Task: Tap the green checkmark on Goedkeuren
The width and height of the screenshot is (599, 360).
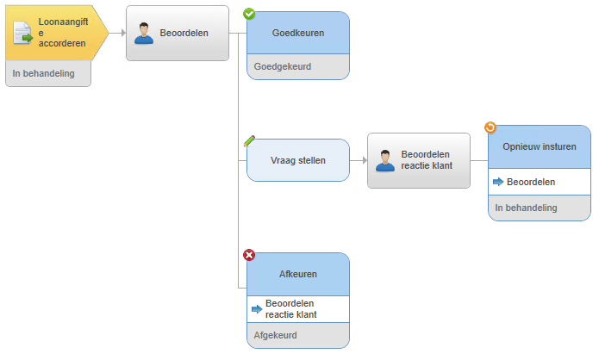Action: pyautogui.click(x=249, y=14)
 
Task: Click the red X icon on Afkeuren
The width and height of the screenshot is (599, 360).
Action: pyautogui.click(x=249, y=255)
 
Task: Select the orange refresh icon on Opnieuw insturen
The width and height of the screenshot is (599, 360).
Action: pyautogui.click(x=490, y=127)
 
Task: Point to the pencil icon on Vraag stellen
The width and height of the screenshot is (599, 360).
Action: pyautogui.click(x=249, y=141)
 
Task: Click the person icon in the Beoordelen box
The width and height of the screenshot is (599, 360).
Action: pyautogui.click(x=144, y=34)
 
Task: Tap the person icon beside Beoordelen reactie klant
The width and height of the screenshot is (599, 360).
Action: pyautogui.click(x=385, y=160)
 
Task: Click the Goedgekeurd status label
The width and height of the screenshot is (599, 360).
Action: pyautogui.click(x=283, y=66)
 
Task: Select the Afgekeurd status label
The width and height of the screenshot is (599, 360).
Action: pyautogui.click(x=276, y=335)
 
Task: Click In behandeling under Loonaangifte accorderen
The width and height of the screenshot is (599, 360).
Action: pyautogui.click(x=44, y=73)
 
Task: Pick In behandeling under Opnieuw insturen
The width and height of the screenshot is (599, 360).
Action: pyautogui.click(x=526, y=208)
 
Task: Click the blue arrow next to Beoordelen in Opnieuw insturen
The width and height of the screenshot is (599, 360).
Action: pyautogui.click(x=498, y=182)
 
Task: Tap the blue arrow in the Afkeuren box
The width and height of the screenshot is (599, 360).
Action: pyautogui.click(x=257, y=309)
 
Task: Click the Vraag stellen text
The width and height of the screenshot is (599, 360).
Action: pyautogui.click(x=298, y=160)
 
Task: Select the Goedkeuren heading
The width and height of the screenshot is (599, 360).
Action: pyautogui.click(x=298, y=33)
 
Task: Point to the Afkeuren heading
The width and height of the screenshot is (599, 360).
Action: pyautogui.click(x=298, y=274)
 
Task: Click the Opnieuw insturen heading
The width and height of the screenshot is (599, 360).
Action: pyautogui.click(x=540, y=146)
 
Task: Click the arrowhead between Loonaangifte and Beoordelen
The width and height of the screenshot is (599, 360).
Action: pyautogui.click(x=123, y=34)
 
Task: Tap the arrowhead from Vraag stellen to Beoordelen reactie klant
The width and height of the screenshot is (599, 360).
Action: pyautogui.click(x=365, y=160)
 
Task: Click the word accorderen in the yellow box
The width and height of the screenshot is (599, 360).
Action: pyautogui.click(x=62, y=44)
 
